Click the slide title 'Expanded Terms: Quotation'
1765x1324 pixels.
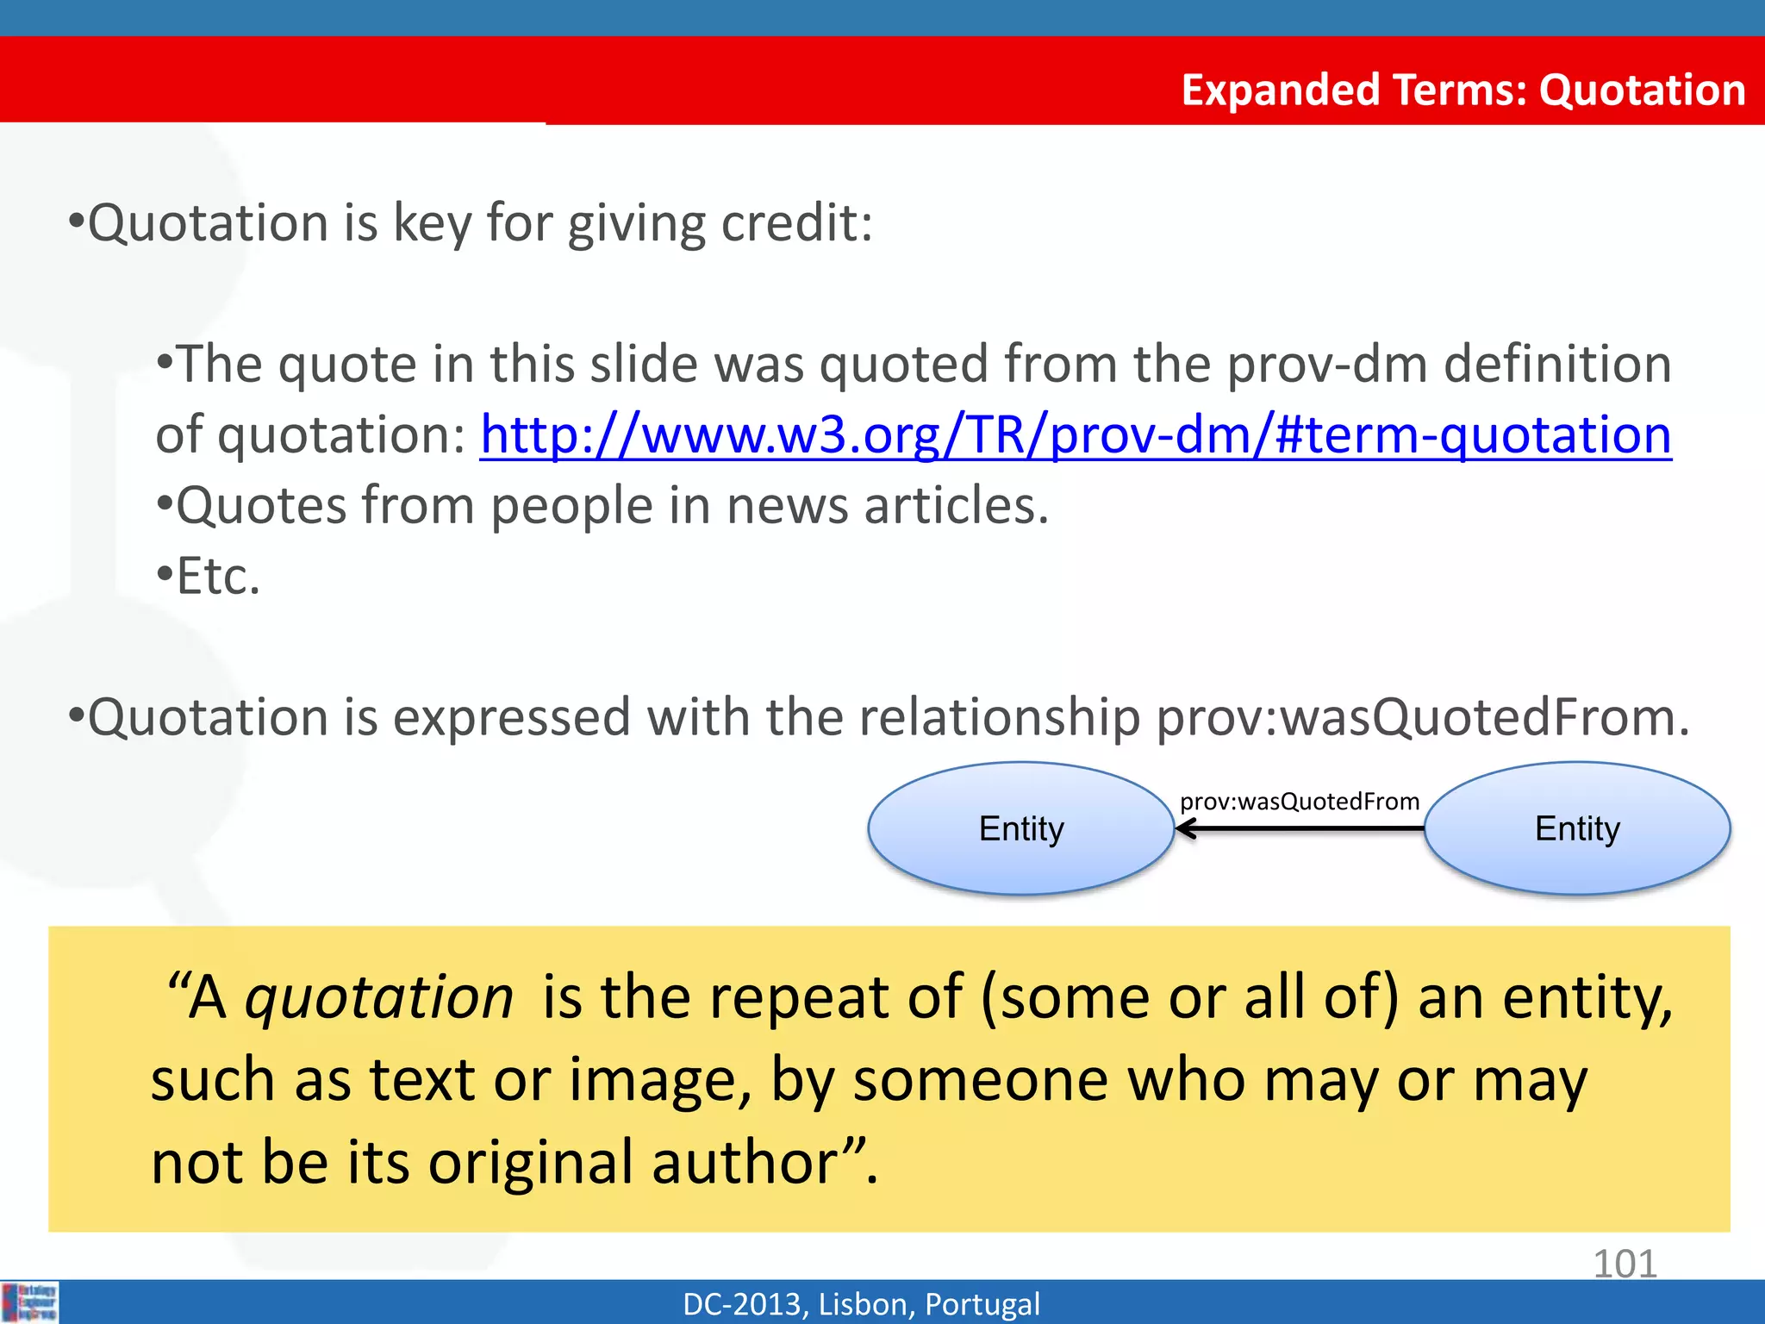point(1463,90)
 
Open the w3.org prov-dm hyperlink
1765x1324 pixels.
point(1075,434)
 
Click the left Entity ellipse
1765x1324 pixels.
point(1021,828)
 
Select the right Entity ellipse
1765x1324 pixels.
point(1577,828)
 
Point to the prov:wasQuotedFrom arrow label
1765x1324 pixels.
point(1299,802)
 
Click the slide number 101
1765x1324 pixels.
point(1625,1264)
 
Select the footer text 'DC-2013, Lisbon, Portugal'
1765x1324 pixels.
point(861,1304)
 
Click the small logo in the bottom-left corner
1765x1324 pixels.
point(29,1302)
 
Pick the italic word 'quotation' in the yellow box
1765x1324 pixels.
point(379,997)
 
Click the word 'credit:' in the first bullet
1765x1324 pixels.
point(796,222)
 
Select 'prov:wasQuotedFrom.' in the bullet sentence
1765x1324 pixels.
point(1422,717)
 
